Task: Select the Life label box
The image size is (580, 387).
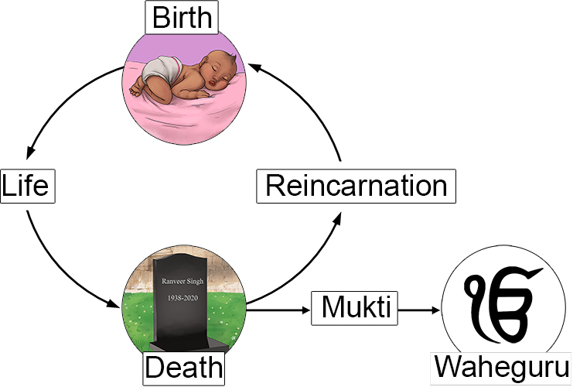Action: (x=28, y=187)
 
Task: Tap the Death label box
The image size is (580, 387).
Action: (x=183, y=367)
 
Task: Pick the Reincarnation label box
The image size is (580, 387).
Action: (x=356, y=187)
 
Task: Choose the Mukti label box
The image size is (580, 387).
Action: (x=354, y=309)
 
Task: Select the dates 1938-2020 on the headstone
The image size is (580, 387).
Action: (x=183, y=297)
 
